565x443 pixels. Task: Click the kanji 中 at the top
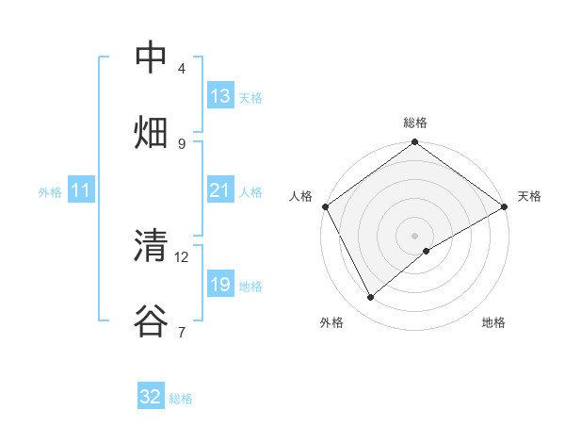(151, 57)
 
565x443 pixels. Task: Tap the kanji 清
(151, 246)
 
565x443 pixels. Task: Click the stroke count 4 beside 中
(182, 69)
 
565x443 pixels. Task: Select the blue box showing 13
(220, 96)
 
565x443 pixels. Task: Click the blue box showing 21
(220, 190)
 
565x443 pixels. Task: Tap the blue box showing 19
(220, 284)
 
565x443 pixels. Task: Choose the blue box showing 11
(81, 190)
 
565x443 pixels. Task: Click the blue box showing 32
(151, 397)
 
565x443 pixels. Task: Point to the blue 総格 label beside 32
(181, 399)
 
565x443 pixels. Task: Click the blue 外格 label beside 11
(50, 192)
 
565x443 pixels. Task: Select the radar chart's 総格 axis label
(415, 123)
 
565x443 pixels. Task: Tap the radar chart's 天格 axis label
(529, 196)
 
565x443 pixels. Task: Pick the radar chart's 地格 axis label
(493, 322)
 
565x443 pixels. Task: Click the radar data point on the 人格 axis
(325, 206)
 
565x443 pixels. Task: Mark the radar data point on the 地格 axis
(427, 251)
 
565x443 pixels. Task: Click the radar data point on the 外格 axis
(371, 297)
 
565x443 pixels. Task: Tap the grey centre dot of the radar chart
(415, 235)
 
